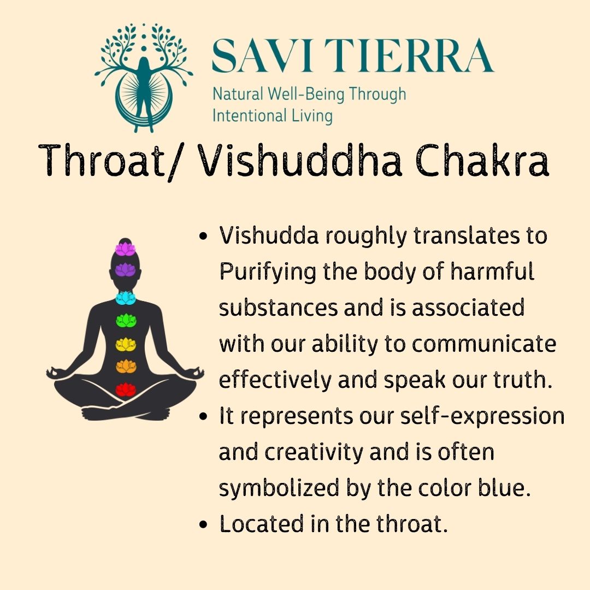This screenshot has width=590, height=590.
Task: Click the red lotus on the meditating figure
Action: click(x=126, y=389)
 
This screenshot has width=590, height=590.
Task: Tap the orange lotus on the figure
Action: click(x=126, y=366)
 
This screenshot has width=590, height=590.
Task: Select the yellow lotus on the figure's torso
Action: click(x=126, y=344)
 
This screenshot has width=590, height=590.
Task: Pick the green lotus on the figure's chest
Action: click(x=126, y=320)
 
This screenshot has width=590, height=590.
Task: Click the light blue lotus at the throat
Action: click(x=126, y=297)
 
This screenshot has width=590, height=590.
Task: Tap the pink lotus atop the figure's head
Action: click(x=125, y=249)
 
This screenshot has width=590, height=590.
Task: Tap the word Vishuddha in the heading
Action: click(x=291, y=160)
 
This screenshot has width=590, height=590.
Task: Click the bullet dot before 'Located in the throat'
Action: click(x=203, y=526)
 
